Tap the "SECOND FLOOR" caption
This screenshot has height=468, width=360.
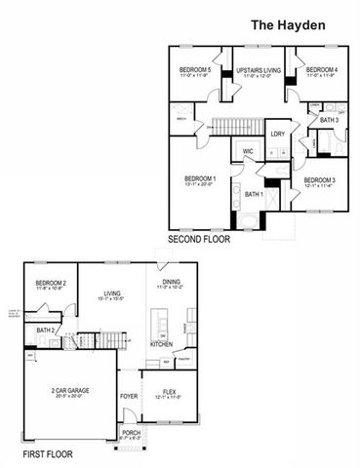[x=198, y=239]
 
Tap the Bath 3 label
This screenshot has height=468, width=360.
[x=329, y=119]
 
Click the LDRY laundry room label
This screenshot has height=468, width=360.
[x=278, y=134]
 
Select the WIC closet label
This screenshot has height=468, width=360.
[x=249, y=151]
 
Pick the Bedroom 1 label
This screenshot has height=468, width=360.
[x=200, y=179]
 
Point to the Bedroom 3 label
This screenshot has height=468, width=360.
[x=319, y=181]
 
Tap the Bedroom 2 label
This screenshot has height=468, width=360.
[x=51, y=284]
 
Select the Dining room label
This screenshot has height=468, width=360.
[x=170, y=284]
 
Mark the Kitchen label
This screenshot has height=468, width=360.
[x=161, y=344]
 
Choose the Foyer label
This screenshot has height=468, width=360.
[x=129, y=396]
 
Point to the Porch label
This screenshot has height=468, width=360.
[x=129, y=435]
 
